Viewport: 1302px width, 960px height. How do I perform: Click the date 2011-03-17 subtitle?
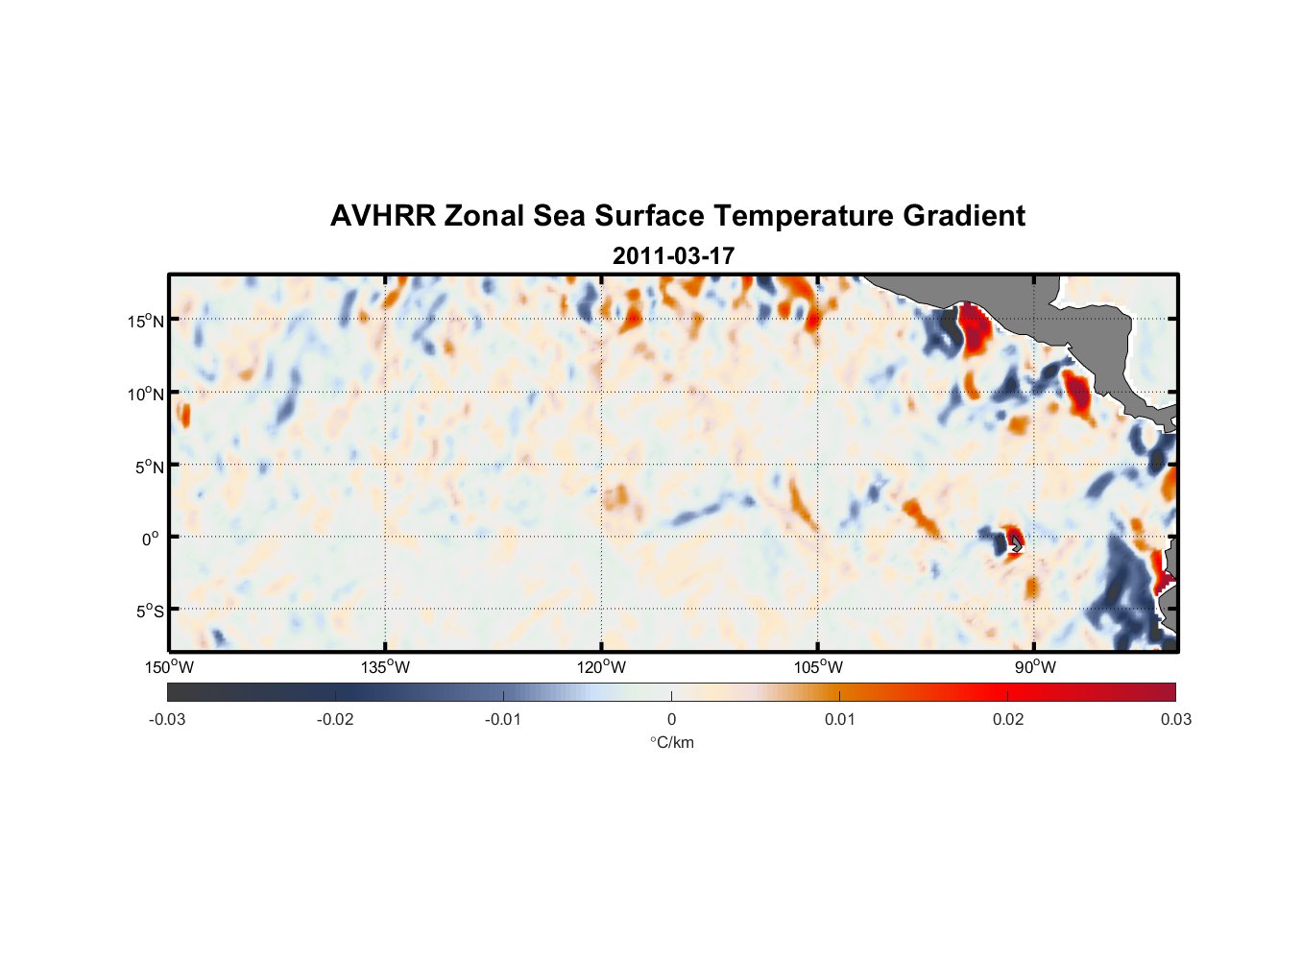click(673, 256)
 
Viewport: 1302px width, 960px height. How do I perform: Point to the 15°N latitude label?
click(146, 321)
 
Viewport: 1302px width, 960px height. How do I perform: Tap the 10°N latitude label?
click(146, 394)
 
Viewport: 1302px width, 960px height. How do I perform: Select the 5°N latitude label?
click(149, 467)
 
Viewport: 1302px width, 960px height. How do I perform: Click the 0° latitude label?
click(151, 539)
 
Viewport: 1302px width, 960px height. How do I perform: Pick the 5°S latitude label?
click(149, 612)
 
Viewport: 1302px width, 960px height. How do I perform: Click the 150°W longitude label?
click(169, 667)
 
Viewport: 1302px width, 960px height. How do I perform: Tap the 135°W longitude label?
click(385, 667)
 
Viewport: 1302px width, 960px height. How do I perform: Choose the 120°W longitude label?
click(601, 667)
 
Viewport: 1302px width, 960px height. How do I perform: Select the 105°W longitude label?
click(818, 667)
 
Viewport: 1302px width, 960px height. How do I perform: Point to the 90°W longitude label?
click(1035, 667)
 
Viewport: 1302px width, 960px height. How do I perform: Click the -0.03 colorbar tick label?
click(167, 719)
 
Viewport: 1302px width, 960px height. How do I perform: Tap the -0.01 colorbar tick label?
click(503, 719)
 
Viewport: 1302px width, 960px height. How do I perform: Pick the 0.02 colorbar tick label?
click(1008, 719)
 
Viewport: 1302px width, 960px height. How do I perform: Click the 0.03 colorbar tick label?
click(1175, 719)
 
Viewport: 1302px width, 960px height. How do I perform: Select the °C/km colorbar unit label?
click(672, 742)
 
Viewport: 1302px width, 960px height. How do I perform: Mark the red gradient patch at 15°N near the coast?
click(976, 329)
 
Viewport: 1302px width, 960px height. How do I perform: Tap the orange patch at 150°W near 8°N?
click(182, 415)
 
